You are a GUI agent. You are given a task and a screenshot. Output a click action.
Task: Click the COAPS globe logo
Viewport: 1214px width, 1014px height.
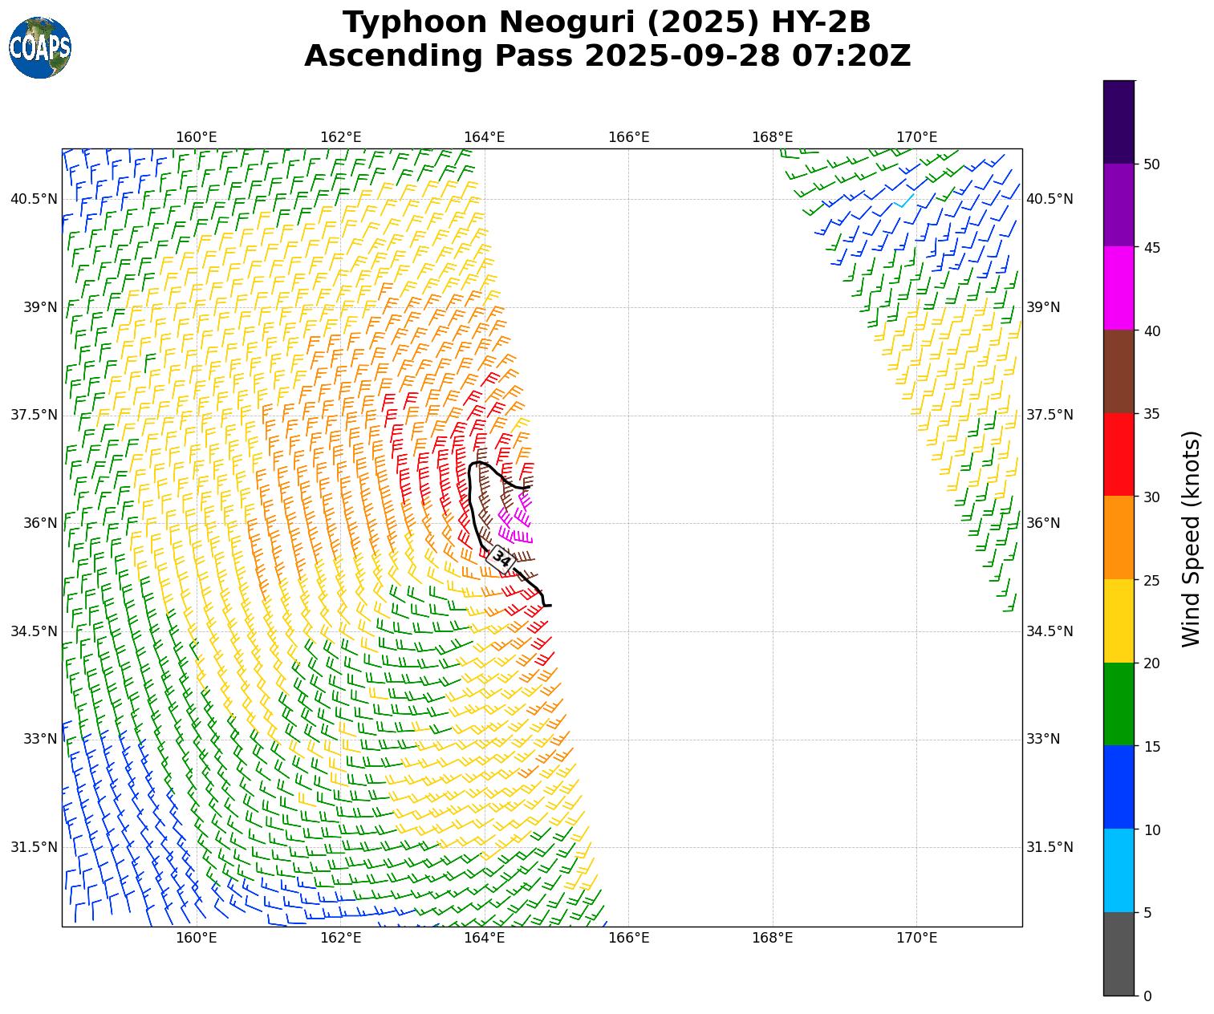40,48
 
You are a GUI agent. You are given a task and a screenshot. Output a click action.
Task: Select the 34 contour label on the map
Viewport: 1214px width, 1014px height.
501,558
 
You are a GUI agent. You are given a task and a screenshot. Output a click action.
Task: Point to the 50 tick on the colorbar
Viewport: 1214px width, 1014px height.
1151,164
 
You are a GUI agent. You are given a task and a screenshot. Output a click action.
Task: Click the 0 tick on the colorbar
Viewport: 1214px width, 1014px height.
1147,996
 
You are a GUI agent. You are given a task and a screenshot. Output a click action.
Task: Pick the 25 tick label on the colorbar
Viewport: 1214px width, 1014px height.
1151,580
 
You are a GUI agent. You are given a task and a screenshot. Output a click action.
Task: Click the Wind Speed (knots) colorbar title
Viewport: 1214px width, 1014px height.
1192,538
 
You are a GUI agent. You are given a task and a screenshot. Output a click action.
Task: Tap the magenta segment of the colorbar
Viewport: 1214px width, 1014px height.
1119,288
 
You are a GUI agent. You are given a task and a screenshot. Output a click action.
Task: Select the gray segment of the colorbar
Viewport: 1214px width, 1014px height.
1119,954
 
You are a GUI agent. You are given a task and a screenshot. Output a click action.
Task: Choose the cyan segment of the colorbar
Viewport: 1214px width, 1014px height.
1119,870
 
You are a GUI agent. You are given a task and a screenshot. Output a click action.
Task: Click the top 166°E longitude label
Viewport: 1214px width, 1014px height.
628,137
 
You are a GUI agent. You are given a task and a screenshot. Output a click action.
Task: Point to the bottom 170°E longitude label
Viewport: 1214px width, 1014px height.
916,938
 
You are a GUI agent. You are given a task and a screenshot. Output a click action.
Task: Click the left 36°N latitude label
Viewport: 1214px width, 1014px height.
34,523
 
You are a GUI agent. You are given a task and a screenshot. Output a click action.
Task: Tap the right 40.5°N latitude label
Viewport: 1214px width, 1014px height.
1050,199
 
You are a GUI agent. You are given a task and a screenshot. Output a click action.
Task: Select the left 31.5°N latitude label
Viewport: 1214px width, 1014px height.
34,847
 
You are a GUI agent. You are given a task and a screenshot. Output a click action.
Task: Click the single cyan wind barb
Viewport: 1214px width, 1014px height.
905,201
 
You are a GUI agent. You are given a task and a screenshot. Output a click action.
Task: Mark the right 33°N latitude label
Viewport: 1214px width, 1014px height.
1043,739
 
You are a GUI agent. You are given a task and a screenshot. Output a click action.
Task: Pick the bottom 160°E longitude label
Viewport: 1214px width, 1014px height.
197,938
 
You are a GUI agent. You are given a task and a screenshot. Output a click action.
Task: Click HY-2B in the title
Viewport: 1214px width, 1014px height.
820,22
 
